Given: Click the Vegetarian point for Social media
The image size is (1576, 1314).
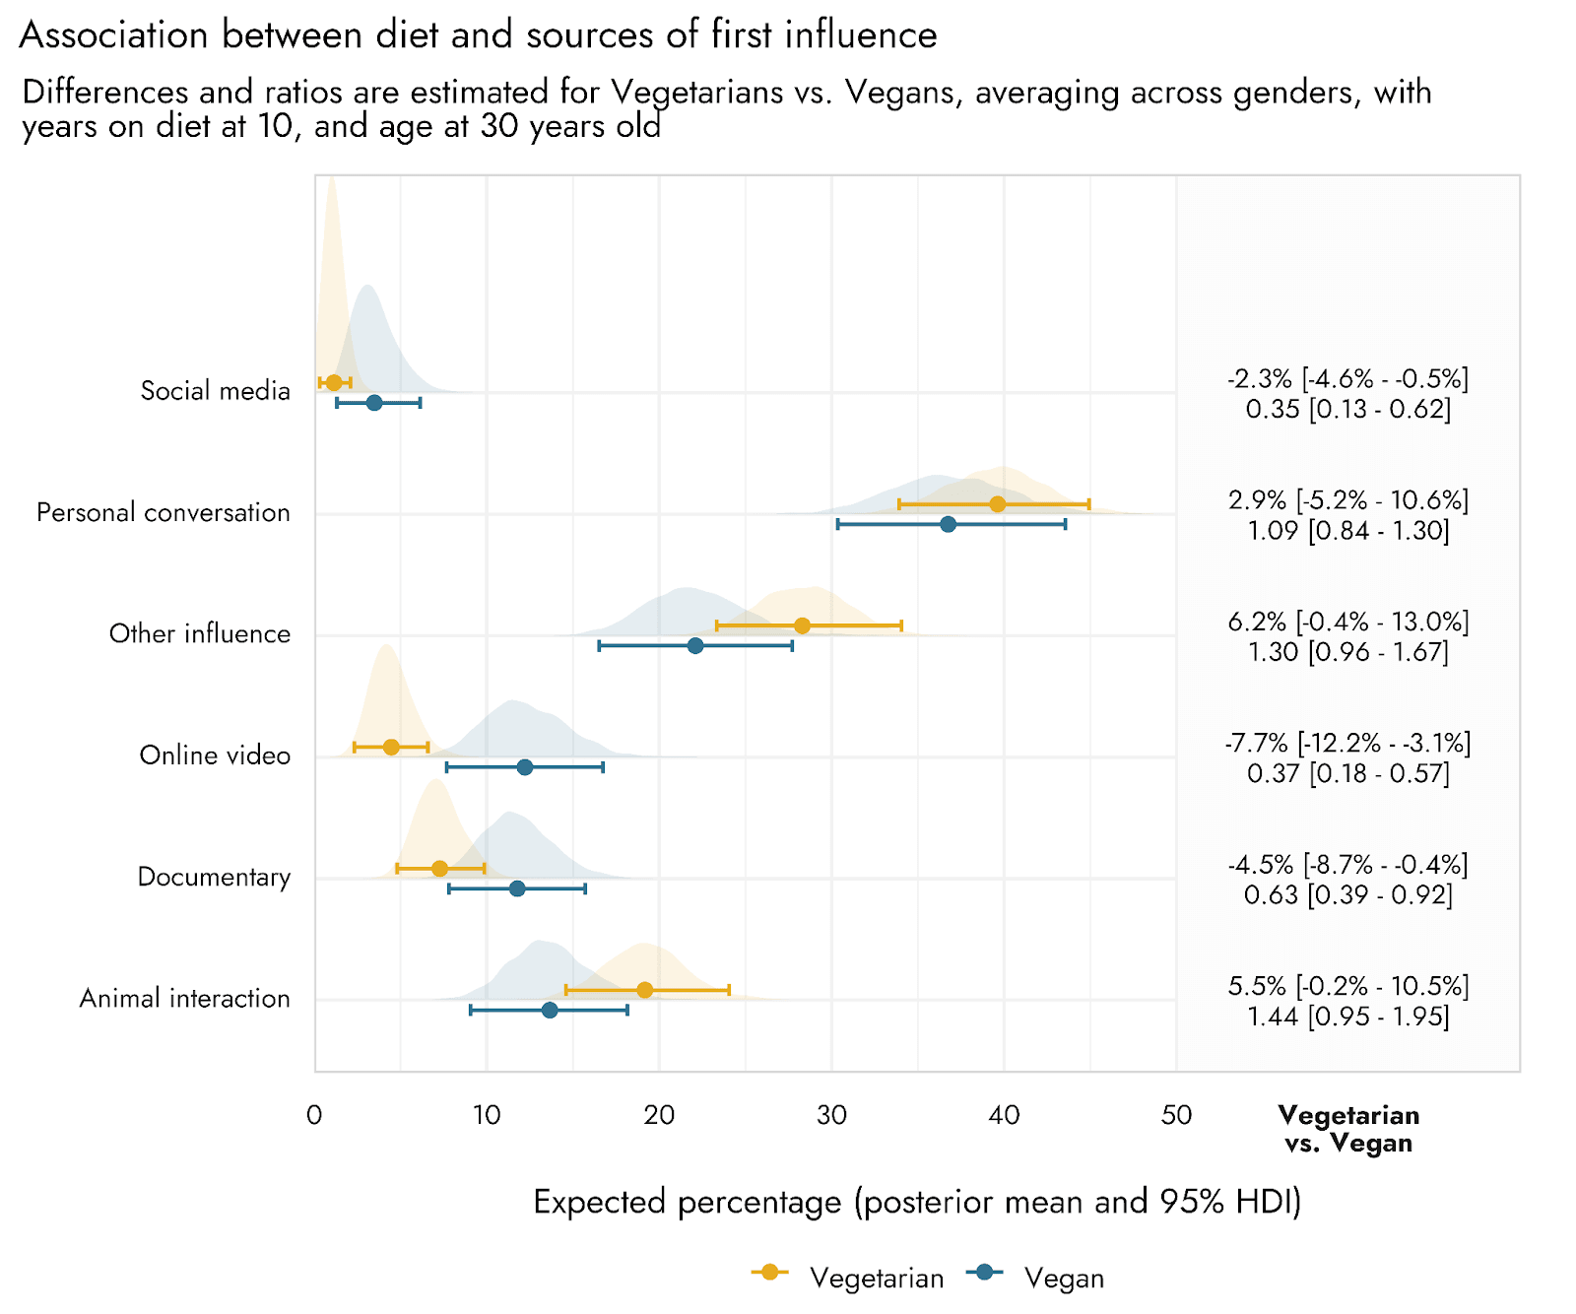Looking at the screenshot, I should click(334, 382).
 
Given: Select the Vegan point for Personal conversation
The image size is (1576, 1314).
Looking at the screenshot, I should click(948, 524).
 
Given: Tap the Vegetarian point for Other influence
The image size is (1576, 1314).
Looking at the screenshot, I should click(802, 625).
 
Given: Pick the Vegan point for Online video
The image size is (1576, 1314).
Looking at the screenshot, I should click(525, 767).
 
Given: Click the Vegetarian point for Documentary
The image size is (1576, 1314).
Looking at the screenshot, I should click(439, 868).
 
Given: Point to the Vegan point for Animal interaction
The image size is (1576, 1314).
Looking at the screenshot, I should click(550, 1010).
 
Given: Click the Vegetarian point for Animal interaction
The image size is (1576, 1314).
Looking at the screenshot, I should click(644, 990).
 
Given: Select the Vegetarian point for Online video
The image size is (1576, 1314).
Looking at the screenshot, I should click(391, 747).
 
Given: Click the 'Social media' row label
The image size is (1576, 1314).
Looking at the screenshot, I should click(215, 391).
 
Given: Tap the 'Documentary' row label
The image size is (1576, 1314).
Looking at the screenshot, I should click(214, 877).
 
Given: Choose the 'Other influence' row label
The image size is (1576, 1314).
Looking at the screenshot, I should click(199, 633).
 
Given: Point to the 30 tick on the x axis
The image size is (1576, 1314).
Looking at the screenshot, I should click(832, 1115).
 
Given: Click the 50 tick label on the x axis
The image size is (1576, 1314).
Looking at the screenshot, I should click(1176, 1115).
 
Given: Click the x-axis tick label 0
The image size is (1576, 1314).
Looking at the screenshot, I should click(314, 1115).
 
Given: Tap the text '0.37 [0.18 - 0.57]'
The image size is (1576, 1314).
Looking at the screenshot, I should click(1347, 774).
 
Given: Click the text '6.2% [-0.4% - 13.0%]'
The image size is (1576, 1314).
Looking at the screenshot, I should click(1347, 622).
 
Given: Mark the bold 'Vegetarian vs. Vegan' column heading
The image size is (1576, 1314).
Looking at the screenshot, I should click(1348, 1129).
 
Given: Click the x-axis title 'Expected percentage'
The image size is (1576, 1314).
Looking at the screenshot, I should click(917, 1202).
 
